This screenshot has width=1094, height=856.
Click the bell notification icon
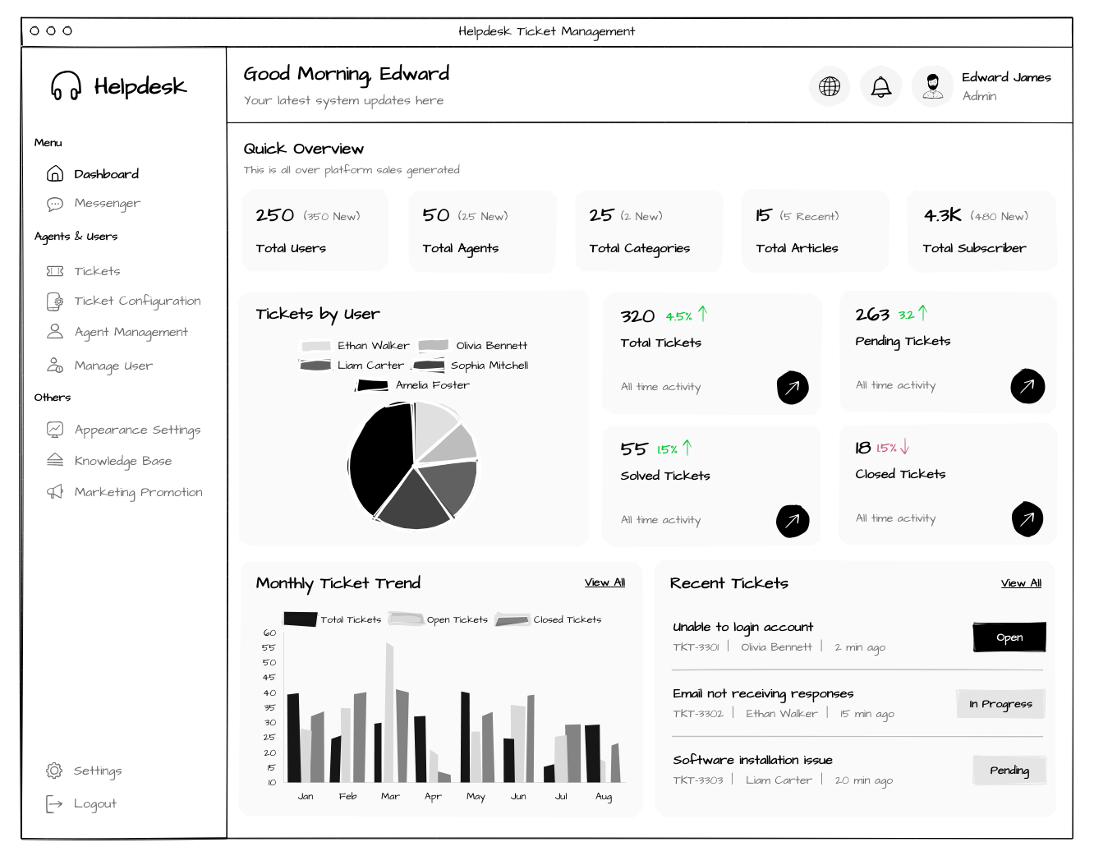(881, 86)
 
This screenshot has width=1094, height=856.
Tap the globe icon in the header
(830, 86)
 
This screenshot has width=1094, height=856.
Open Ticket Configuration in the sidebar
(123, 301)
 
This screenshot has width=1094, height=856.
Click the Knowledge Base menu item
(109, 461)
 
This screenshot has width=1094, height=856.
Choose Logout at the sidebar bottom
(81, 803)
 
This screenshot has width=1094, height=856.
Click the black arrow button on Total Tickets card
(793, 387)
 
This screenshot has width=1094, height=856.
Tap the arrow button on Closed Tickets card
(1027, 519)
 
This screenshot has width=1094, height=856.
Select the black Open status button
(1009, 637)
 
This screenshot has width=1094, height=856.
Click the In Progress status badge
(1001, 704)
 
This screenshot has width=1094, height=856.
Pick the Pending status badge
(1009, 771)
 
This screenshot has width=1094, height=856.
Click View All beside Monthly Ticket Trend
(604, 582)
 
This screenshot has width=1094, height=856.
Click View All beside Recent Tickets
(1021, 583)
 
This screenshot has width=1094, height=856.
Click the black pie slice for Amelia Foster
(382, 458)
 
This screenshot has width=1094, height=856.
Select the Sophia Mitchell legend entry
(471, 366)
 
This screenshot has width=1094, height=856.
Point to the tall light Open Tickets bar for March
(389, 712)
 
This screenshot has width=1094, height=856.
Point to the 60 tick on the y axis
(269, 633)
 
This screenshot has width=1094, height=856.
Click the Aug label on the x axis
(603, 797)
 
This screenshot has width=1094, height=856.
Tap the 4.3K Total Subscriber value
(942, 215)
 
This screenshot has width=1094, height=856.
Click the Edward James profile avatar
(932, 86)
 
